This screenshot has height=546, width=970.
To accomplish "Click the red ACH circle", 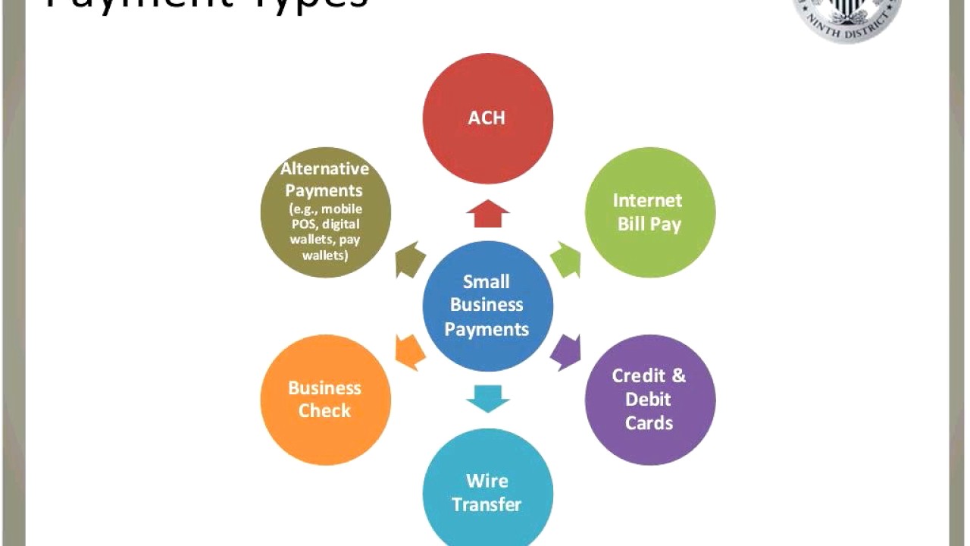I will coord(487,118).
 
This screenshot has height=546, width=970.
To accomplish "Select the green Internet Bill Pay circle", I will coord(649,212).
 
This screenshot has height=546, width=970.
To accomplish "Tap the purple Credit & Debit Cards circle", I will coord(649,400).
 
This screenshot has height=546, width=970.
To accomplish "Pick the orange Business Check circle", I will coord(325,400).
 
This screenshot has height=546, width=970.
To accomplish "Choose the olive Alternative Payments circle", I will coord(325,212).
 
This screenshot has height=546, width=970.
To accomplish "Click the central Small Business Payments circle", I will coord(487,306).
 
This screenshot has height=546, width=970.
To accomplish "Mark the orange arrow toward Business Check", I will coord(410,352).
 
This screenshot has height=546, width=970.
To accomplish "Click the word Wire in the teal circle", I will coord(487,481).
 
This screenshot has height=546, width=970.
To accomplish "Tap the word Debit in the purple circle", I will coord(648,399).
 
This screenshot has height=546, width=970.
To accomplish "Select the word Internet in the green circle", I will coord(647,200).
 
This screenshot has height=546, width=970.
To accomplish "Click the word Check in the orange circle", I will coord(324,411).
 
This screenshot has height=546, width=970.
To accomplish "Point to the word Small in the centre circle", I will coord(486,281).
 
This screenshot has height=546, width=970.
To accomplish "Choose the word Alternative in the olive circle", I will coord(324,168).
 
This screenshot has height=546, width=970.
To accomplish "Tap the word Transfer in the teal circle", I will coord(487,504).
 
